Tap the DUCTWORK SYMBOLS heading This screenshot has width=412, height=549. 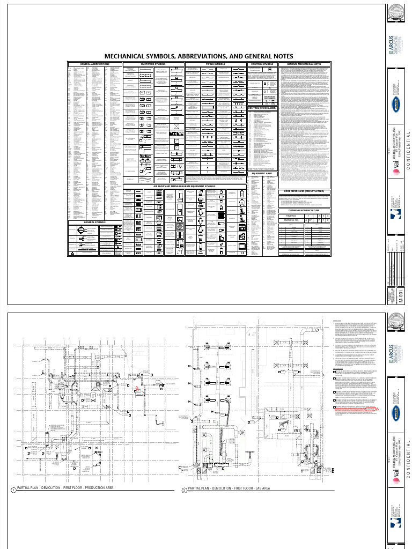coord(153,64)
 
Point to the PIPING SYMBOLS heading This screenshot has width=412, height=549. coord(215,64)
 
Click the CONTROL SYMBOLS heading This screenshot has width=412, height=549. coord(262,64)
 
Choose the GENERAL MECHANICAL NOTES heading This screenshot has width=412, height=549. coord(304,64)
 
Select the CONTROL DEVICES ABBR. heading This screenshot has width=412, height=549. coord(262,108)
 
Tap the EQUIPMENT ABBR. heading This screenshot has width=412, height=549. coord(262,174)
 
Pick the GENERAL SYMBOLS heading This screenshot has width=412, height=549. coord(94,221)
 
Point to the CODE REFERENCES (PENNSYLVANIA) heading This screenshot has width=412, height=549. coord(304,191)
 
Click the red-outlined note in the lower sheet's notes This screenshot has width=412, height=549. coord(354,408)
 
